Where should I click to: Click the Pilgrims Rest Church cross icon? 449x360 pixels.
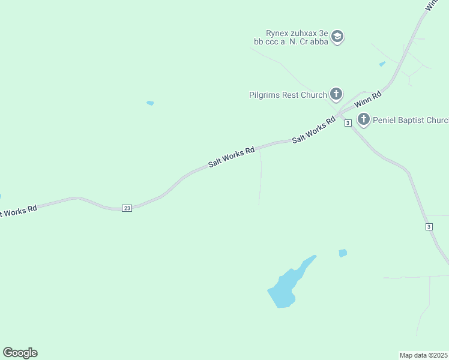tap(336, 94)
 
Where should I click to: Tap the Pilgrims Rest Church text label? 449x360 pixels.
tap(288, 95)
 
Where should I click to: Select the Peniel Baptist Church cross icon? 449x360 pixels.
tap(363, 119)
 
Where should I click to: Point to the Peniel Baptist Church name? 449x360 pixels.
tap(411, 120)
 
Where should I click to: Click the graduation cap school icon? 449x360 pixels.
tap(337, 37)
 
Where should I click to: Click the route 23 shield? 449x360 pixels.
tap(127, 208)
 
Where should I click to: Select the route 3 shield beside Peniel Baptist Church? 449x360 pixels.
tap(348, 123)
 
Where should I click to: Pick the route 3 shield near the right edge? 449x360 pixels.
tap(429, 226)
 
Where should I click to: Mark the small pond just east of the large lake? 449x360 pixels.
tap(343, 253)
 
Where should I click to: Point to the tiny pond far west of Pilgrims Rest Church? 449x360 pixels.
tap(150, 103)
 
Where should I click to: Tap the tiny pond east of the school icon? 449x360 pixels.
tap(382, 64)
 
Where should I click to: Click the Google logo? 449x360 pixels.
tap(20, 353)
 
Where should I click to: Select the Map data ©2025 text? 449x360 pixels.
tap(424, 355)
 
